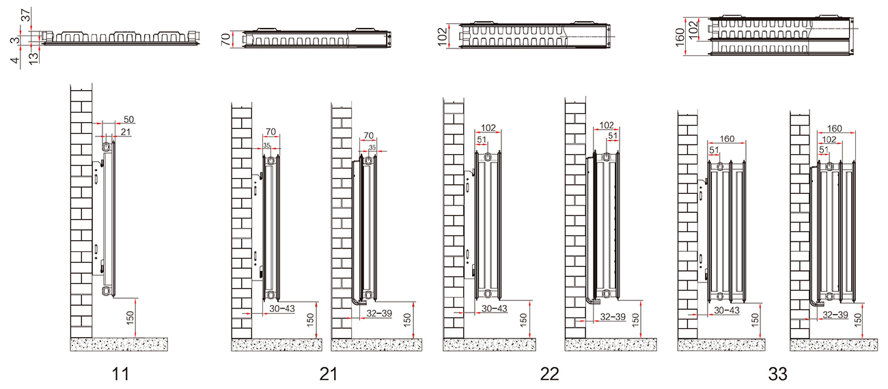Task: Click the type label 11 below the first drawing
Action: (x=120, y=374)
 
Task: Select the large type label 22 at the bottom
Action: (x=549, y=374)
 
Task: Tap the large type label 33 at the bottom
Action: (x=778, y=374)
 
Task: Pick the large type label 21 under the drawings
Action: (x=329, y=374)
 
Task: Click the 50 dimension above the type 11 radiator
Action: (x=129, y=119)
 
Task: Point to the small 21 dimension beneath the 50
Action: (x=126, y=132)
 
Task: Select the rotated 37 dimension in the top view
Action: (x=26, y=15)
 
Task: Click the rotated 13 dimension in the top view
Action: (x=34, y=57)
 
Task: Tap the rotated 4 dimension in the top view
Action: (x=15, y=60)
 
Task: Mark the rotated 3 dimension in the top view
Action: (x=15, y=40)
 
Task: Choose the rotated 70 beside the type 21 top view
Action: (x=225, y=39)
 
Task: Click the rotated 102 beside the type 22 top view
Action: (x=443, y=35)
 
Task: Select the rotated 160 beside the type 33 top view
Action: (x=680, y=37)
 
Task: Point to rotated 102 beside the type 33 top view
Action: (x=693, y=30)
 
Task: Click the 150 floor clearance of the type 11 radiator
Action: (x=130, y=318)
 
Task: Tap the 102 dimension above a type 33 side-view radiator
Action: (x=829, y=139)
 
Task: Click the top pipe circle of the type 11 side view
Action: (x=107, y=147)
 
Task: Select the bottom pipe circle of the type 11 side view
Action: (x=107, y=291)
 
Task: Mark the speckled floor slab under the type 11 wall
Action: (x=119, y=345)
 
